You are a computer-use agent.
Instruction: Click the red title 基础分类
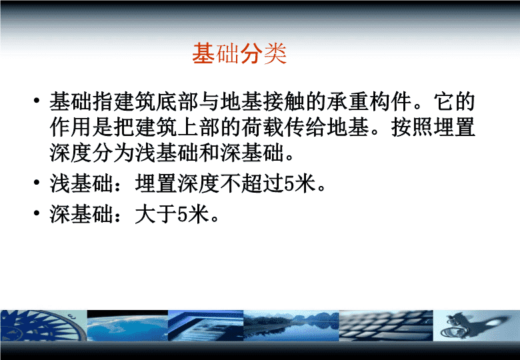pos(239,53)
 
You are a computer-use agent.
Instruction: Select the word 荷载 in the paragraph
pos(262,127)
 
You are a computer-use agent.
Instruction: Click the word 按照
pos(412,127)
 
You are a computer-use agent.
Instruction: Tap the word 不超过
pos(252,183)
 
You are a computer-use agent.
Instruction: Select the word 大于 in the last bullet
pos(156,214)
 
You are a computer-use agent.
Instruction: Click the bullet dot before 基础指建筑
pos(37,101)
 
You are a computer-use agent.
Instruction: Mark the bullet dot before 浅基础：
pos(37,183)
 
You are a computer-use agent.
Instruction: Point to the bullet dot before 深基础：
pos(37,213)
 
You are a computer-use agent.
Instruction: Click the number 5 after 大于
pos(183,215)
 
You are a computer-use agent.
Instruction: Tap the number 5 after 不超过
pos(289,184)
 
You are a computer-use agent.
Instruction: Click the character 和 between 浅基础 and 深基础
pos(209,153)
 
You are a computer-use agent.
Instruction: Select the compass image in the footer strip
pos(43,325)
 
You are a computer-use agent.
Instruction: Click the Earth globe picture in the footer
pos(127,325)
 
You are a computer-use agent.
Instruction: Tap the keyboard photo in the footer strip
pos(386,325)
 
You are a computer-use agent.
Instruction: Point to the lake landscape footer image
pos(291,325)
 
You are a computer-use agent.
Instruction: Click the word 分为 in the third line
pos(113,153)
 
